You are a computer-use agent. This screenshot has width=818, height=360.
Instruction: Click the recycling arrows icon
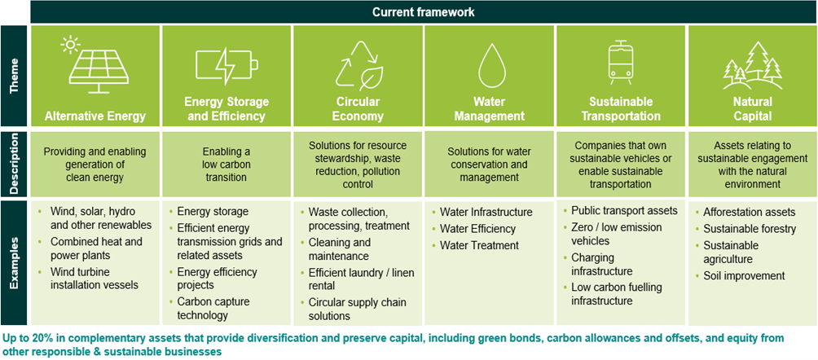tap(358, 65)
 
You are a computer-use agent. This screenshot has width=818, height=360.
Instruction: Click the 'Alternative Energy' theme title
tap(95, 116)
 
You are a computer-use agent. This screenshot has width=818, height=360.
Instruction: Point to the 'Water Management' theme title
tap(489, 109)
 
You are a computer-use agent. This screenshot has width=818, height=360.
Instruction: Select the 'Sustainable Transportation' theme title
tap(621, 109)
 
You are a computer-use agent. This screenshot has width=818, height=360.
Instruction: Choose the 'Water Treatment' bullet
tap(479, 245)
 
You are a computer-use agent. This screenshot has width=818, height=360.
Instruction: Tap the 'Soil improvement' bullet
tap(745, 276)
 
